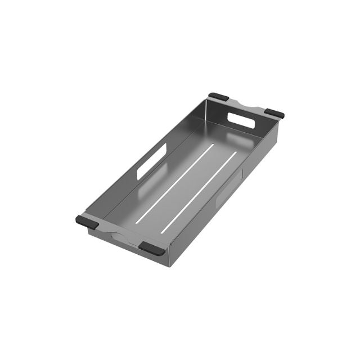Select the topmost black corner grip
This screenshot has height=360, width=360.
point(218,97)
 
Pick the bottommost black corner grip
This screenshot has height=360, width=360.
point(152,247)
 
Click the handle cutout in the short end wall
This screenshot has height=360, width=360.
point(242,119)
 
